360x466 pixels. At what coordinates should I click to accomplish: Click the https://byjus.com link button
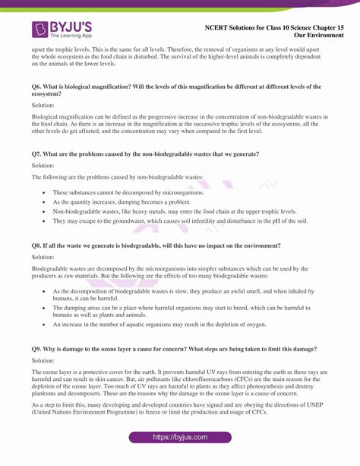(179, 439)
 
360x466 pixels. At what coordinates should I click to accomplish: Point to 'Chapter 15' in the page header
(317, 27)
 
